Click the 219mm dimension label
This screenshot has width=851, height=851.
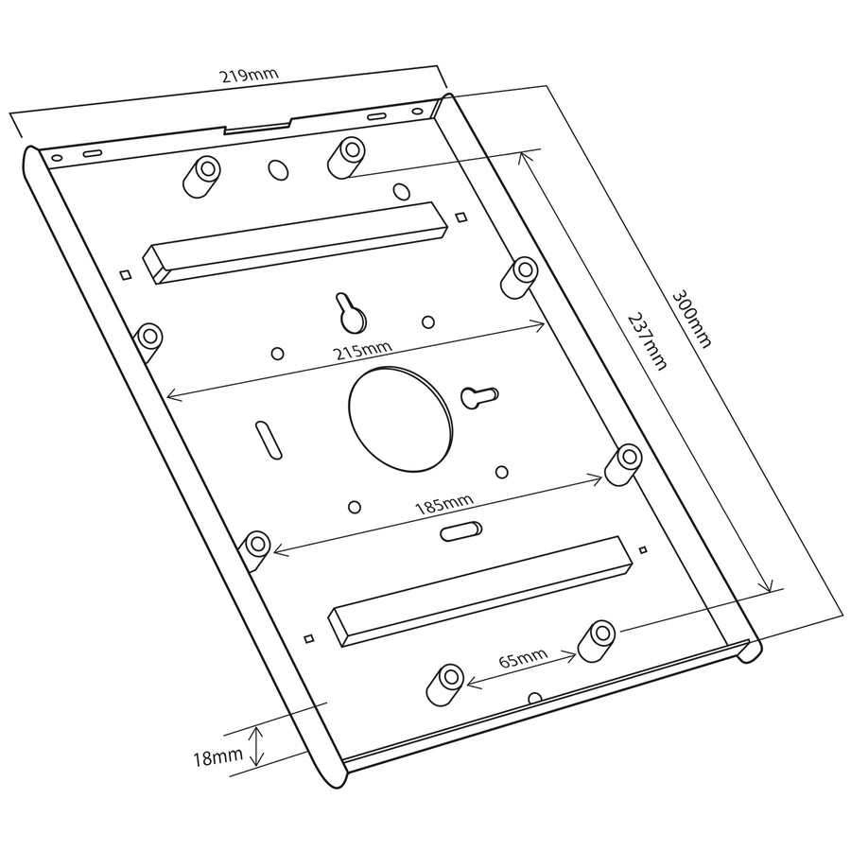point(249,75)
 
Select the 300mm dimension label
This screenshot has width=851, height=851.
point(691,320)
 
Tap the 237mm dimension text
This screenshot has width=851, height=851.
point(648,340)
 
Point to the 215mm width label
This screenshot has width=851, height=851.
point(362,351)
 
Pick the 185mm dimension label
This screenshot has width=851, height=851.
point(444,504)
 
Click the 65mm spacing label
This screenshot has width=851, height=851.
point(523,658)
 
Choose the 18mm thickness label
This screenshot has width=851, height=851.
point(217,757)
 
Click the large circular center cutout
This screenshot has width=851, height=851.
point(401,419)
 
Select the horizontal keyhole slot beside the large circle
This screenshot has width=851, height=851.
point(479,397)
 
